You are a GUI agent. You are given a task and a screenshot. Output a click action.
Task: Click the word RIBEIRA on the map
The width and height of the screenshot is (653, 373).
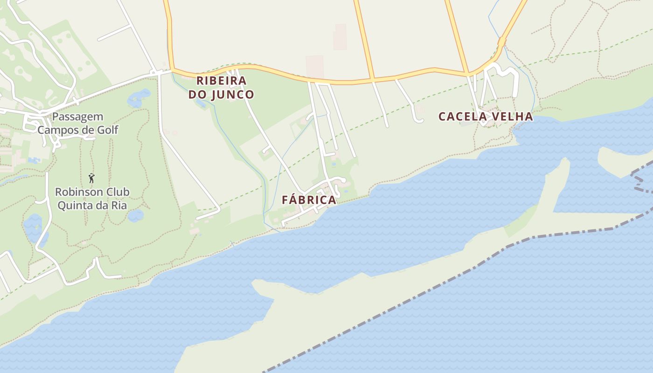[221, 81]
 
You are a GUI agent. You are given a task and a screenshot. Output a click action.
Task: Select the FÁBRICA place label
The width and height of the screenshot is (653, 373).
[309, 200]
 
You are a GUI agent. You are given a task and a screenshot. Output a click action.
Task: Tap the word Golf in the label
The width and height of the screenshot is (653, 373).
[108, 130]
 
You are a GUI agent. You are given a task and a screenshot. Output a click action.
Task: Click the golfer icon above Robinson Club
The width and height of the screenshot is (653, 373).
[91, 178]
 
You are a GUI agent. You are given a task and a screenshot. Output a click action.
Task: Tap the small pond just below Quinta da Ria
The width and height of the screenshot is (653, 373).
[136, 215]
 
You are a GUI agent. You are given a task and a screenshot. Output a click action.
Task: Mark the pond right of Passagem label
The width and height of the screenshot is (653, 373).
[138, 97]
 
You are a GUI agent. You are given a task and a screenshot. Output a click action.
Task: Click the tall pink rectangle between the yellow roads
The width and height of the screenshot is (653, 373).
[340, 37]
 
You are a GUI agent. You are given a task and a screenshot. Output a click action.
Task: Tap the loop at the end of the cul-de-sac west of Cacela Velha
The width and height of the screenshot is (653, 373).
[418, 120]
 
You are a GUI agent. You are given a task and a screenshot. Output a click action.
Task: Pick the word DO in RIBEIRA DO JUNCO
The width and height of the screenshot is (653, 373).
[197, 95]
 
